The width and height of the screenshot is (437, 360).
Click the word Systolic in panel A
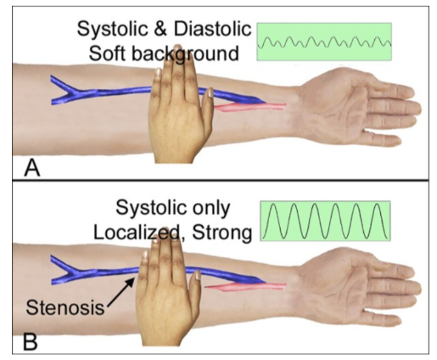pos(113,29)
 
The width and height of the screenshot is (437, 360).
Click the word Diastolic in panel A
pos(212,29)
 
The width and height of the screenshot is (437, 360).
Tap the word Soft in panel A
pos(107,53)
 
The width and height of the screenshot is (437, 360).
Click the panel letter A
pos(32,168)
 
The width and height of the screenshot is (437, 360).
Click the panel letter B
pos(31,341)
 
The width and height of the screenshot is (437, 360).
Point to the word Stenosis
pos(65,307)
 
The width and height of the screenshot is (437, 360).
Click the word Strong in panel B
pos(221,233)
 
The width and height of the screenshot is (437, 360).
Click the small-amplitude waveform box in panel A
pos(324,42)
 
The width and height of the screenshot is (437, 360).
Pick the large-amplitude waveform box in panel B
pos(325,221)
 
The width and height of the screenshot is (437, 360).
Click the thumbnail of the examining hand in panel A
pos(210,93)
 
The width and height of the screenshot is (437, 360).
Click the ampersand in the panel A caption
pos(161,29)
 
